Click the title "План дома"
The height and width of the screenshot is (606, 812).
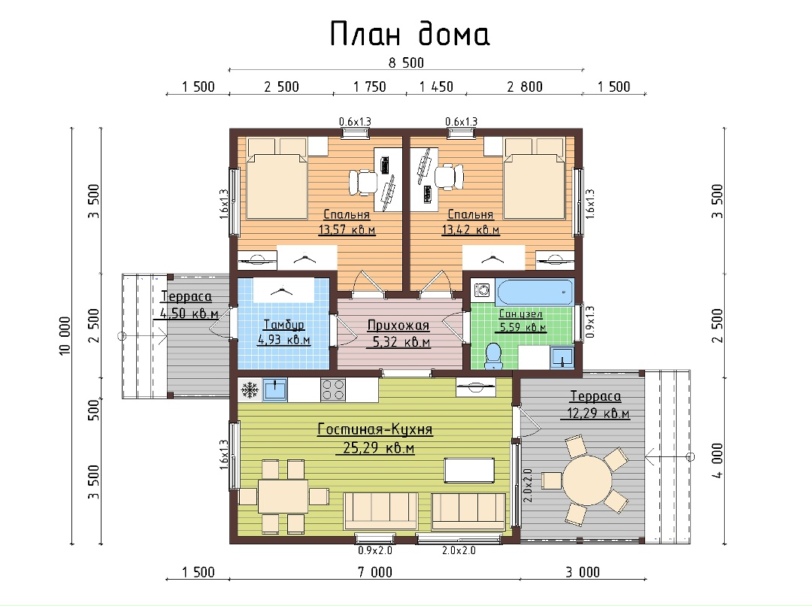(409, 34)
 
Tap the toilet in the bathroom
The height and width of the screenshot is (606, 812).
(493, 356)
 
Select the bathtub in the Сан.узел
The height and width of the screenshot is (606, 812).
(534, 292)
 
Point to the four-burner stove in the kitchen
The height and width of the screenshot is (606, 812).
(333, 389)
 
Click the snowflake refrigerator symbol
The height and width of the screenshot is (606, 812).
(250, 389)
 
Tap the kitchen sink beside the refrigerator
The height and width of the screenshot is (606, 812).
(275, 389)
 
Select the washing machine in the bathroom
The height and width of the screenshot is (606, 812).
(482, 290)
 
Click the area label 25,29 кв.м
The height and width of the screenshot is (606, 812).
(378, 448)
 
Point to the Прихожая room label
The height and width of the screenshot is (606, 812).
(398, 326)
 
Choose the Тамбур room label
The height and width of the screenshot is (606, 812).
(283, 325)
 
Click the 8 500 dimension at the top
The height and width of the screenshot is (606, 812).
(407, 63)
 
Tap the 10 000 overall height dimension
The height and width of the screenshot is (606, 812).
(65, 335)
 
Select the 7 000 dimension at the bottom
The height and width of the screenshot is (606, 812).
(375, 572)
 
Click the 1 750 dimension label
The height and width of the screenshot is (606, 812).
(370, 86)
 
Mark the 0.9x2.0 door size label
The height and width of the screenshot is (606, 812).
(375, 550)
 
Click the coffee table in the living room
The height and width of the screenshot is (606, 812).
(469, 470)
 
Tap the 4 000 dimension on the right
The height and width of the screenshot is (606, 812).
(717, 460)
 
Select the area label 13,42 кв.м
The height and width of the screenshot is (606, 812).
(471, 229)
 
